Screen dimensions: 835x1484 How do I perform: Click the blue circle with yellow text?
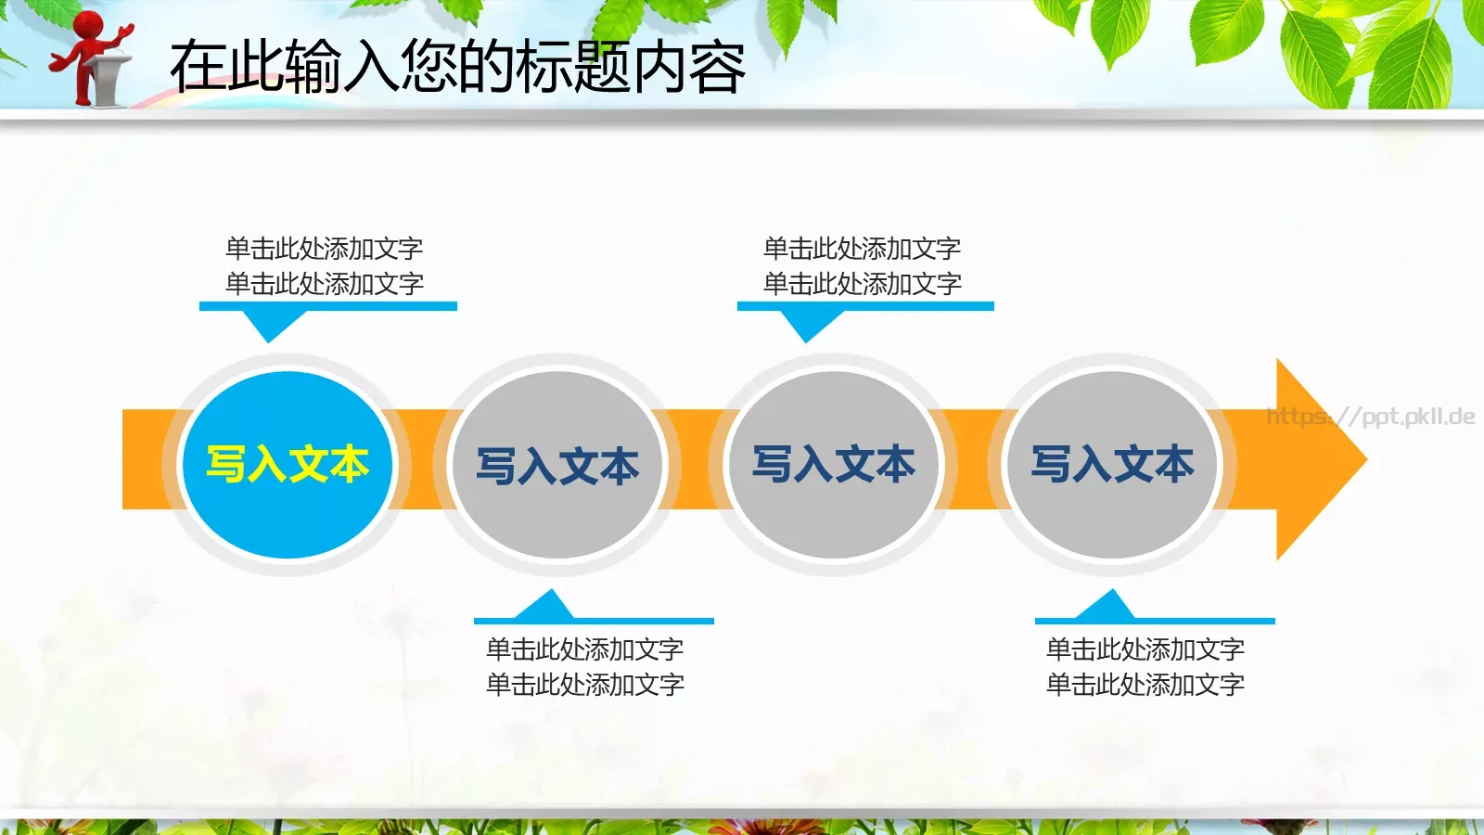(x=288, y=464)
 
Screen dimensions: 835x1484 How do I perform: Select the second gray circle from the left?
(x=557, y=464)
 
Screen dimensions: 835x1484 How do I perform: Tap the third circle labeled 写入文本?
(x=834, y=464)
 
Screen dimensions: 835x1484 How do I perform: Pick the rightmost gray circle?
(x=1112, y=464)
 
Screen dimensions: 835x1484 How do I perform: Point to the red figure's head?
(x=89, y=24)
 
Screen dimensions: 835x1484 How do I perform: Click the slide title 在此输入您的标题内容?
(x=457, y=67)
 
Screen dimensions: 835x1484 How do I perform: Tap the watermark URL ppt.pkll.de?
(x=1371, y=416)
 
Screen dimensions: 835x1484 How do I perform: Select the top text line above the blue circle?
(x=324, y=248)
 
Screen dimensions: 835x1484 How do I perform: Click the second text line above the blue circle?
(x=324, y=283)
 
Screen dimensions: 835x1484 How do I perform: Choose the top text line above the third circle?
(x=862, y=248)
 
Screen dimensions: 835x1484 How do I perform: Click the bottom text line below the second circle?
(x=585, y=685)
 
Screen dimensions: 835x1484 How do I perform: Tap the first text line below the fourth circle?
(x=1145, y=649)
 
